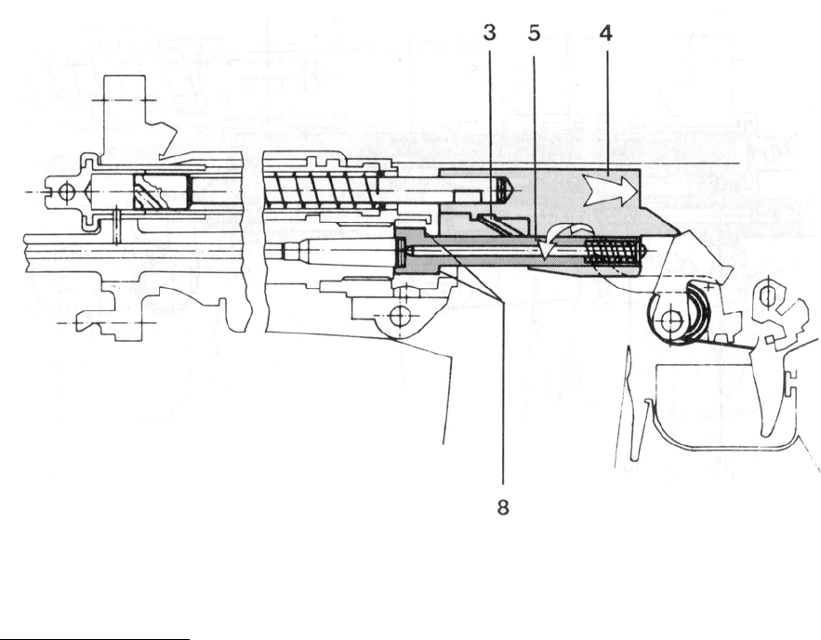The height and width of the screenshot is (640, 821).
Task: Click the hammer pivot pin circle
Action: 667,321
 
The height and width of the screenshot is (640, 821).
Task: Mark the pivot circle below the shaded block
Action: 399,316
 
